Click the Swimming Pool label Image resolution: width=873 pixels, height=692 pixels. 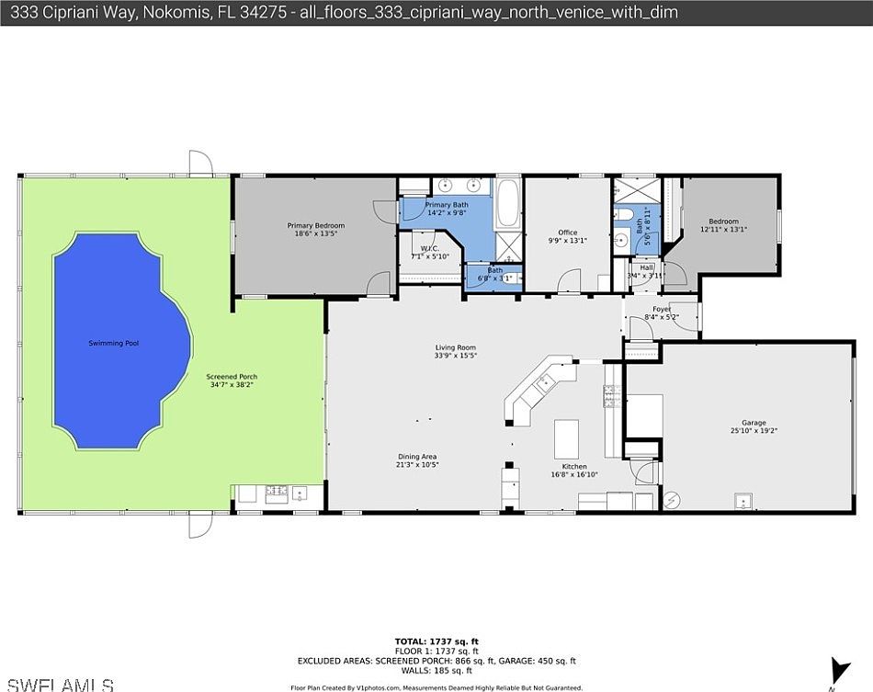click(x=113, y=343)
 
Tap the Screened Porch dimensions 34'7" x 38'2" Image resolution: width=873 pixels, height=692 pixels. click(x=232, y=386)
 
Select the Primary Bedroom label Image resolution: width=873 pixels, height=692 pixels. click(x=315, y=225)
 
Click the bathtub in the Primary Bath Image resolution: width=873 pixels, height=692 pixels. click(x=507, y=205)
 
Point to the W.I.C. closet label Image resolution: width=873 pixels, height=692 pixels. click(x=429, y=248)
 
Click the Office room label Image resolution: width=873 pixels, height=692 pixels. click(x=568, y=233)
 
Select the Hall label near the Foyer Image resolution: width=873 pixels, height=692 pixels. click(x=647, y=267)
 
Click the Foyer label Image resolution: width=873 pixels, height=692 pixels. click(x=662, y=309)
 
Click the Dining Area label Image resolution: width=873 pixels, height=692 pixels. click(x=416, y=457)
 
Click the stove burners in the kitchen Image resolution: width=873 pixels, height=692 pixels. click(x=610, y=397)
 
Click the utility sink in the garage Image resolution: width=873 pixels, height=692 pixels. click(x=742, y=501)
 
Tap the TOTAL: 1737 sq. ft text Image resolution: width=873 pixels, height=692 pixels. click(x=436, y=641)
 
